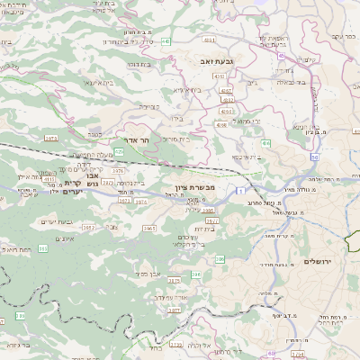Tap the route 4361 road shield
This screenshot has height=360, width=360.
209,40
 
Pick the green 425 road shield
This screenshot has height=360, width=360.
120,151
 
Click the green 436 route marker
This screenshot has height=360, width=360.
265,143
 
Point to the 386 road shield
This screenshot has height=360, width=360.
220,259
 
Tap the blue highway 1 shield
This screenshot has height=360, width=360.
242,191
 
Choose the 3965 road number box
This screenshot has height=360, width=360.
148,229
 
